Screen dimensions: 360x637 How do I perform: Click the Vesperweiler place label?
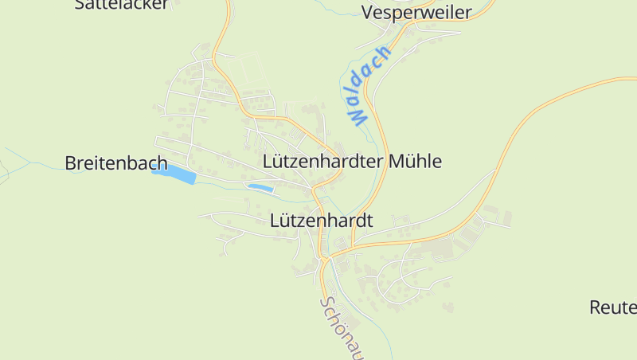click(416, 12)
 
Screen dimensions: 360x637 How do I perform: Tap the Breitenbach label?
click(115, 163)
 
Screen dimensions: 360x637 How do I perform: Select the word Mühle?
click(416, 161)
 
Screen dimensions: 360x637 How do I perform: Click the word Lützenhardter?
click(323, 161)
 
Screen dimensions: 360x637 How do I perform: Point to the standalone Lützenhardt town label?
click(322, 220)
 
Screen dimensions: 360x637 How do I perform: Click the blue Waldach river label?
click(369, 85)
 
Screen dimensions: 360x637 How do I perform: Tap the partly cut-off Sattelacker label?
click(122, 4)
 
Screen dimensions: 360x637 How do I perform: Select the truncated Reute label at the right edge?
click(613, 307)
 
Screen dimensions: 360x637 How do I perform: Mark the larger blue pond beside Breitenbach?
click(174, 174)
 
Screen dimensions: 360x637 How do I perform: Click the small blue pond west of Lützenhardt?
click(260, 188)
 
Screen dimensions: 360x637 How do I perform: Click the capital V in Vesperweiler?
click(368, 12)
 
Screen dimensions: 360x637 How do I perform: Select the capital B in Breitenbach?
click(70, 163)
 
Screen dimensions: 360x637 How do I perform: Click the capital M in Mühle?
click(398, 161)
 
